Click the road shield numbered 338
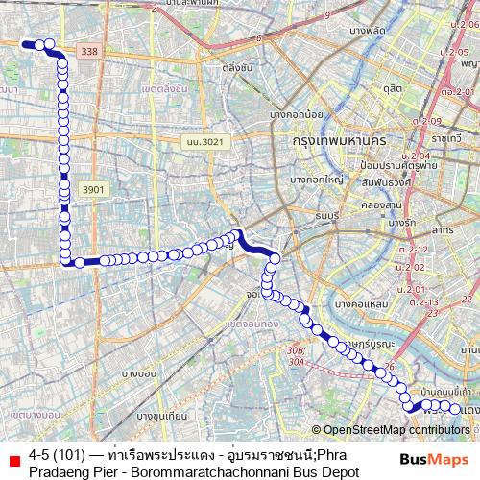click(90, 52)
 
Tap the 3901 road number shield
click(92, 190)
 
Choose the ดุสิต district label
click(392, 87)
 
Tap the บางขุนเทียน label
click(160, 416)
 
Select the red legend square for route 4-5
click(13, 460)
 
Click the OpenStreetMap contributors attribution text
click(396, 430)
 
